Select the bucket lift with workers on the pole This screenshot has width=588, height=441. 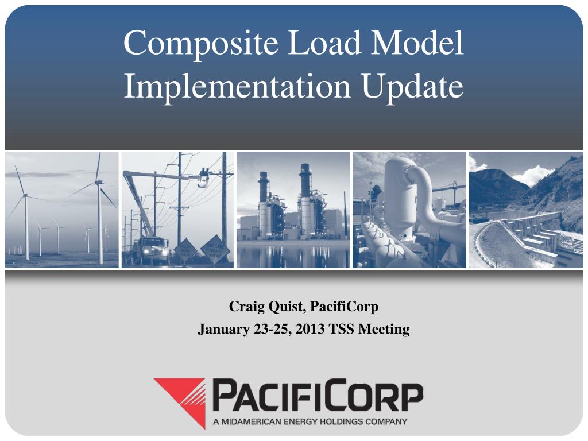tap(202, 179)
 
